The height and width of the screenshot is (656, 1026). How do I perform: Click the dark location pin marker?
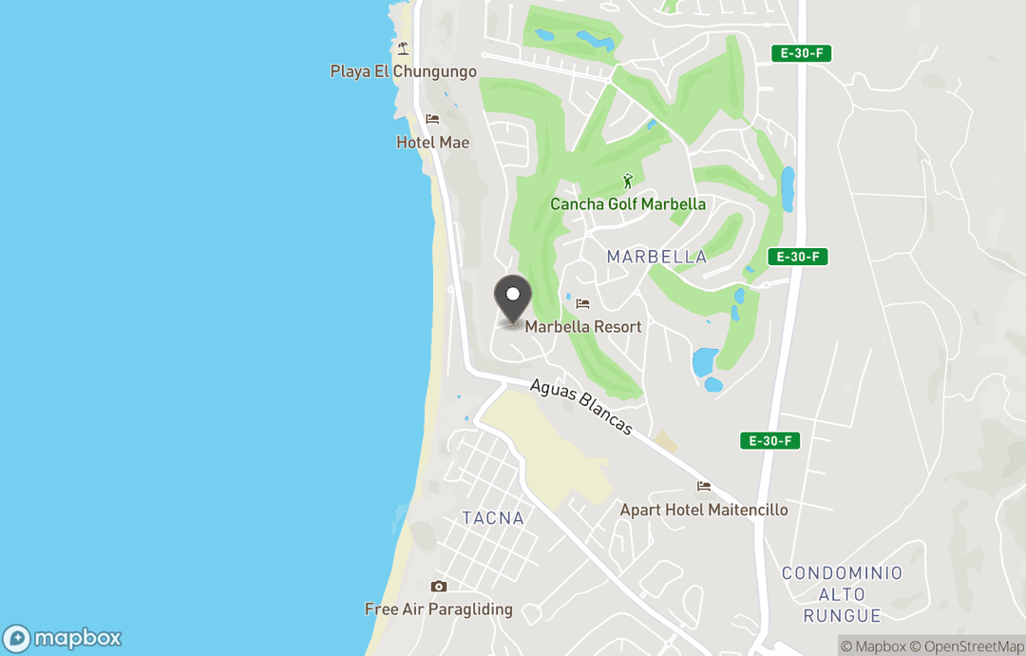(x=514, y=299)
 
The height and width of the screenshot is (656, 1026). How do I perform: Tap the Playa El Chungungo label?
(x=404, y=71)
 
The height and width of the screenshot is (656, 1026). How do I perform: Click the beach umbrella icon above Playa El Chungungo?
(x=404, y=48)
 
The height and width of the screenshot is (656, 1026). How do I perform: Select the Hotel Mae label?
(x=433, y=143)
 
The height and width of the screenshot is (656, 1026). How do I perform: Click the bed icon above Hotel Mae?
(x=433, y=120)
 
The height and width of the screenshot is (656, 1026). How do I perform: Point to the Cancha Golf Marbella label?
(x=628, y=204)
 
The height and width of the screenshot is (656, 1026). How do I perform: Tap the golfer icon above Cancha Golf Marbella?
(x=627, y=181)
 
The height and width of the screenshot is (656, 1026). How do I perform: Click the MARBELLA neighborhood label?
(x=656, y=257)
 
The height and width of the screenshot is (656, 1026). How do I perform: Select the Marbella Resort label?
(x=583, y=327)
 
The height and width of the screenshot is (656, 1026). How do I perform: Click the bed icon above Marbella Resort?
(x=582, y=303)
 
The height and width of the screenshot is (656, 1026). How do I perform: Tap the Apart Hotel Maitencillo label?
(x=704, y=510)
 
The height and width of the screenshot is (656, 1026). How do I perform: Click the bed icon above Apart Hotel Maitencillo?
(x=704, y=486)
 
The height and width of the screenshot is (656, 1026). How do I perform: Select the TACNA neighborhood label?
(x=492, y=518)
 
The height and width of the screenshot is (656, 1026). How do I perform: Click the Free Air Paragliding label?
(x=439, y=609)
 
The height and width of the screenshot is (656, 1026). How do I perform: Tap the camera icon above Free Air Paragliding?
(x=438, y=586)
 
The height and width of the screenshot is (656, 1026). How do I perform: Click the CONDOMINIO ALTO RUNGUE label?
(x=842, y=594)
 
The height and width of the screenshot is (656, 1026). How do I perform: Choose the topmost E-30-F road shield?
(x=801, y=53)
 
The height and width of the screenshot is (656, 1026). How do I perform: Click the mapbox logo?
(x=63, y=638)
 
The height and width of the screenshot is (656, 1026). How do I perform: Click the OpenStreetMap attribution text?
(x=970, y=646)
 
